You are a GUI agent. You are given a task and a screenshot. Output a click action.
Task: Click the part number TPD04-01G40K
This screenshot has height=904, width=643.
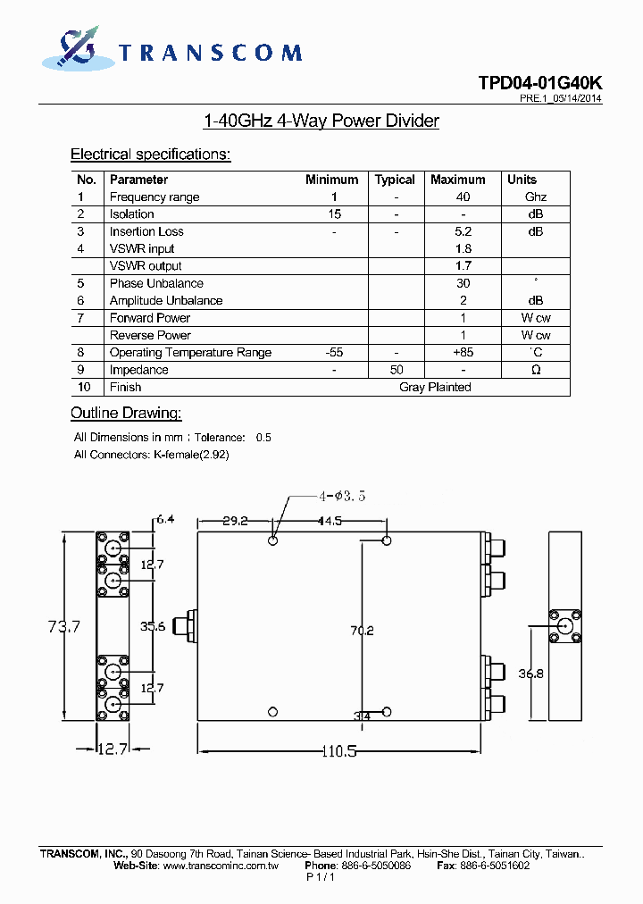pos(539,83)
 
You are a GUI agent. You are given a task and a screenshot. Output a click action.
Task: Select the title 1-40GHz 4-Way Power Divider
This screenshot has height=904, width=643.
pos(321,121)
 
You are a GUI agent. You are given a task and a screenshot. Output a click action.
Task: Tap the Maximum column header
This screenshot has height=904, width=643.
pos(457,180)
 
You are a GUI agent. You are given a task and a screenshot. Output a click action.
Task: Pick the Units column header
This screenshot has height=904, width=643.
pos(522,180)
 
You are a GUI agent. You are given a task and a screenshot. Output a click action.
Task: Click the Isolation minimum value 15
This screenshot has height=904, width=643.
pos(334,214)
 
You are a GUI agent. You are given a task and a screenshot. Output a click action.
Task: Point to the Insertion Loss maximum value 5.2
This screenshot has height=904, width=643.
pos(463,231)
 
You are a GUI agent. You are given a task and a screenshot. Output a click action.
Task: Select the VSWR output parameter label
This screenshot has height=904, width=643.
pos(146,266)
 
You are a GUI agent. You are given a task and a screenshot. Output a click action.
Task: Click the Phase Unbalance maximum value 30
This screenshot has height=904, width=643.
pos(463,283)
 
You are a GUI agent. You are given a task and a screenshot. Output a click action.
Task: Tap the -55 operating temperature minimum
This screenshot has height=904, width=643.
pos(334,353)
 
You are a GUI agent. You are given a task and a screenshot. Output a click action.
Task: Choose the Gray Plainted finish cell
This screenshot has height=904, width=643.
pos(435,388)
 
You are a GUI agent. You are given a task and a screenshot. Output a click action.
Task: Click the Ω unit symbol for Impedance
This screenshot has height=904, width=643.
pos(536,370)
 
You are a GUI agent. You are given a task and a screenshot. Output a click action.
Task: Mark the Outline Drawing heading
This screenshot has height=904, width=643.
pos(126,413)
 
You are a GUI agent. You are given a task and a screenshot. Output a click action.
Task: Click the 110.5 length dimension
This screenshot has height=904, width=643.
pos(338,752)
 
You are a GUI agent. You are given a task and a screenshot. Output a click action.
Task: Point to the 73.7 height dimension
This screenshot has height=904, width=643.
pos(63,627)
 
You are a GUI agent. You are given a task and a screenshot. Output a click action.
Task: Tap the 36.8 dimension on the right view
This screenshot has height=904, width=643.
pos(531,674)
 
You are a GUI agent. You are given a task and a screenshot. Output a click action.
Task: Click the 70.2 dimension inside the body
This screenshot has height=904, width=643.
pos(362,631)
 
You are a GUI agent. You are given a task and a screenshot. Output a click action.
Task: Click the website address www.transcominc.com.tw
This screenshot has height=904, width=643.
pos(221,866)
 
